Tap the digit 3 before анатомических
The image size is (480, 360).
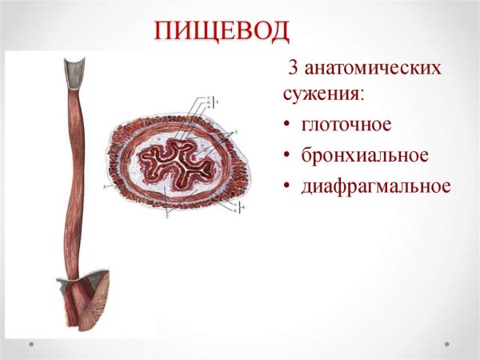coord(292,69)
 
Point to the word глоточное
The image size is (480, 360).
coord(346,126)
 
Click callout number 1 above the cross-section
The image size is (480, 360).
coord(215,103)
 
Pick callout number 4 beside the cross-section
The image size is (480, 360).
coord(246,207)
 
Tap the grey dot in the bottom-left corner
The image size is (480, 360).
coord(31,344)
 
